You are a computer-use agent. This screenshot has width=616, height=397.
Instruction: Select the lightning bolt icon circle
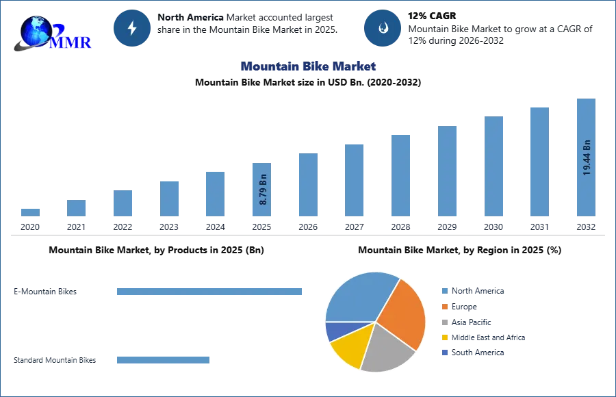(x=133, y=28)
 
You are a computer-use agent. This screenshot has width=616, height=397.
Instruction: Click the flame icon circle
(x=383, y=28)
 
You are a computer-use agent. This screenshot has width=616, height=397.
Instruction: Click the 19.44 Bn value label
(x=587, y=157)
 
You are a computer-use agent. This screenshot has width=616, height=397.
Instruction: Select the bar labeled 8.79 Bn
(x=263, y=189)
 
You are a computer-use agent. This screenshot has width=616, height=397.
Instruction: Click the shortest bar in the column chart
(x=29, y=213)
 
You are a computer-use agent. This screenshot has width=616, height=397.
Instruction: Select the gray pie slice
(x=387, y=349)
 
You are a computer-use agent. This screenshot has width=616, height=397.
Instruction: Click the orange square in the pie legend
(x=444, y=307)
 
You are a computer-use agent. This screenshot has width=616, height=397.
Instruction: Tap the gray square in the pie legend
(x=444, y=322)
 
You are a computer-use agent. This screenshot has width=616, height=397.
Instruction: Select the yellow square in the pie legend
(x=444, y=338)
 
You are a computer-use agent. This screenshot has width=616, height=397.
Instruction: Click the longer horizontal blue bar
(x=209, y=291)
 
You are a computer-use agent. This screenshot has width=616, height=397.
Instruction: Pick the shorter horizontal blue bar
(x=164, y=361)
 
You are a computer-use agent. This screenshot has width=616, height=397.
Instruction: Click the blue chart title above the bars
(x=308, y=66)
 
